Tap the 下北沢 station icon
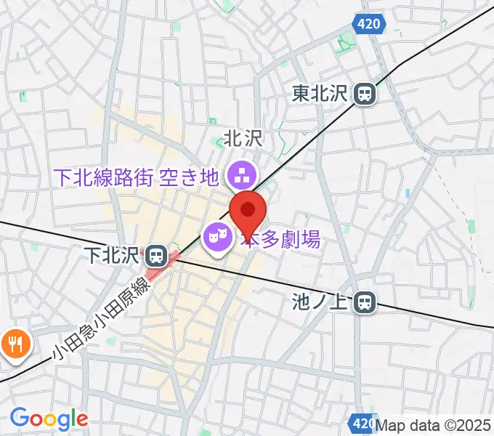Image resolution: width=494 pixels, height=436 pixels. point(154,255)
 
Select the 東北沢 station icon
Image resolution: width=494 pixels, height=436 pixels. point(365,93)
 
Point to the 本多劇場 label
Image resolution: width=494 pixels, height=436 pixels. point(282,239)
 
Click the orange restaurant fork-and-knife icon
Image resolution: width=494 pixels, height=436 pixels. point(13,342)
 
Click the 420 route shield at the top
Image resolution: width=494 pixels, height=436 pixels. point(369,25)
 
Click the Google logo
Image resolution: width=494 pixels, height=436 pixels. point(48,419)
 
